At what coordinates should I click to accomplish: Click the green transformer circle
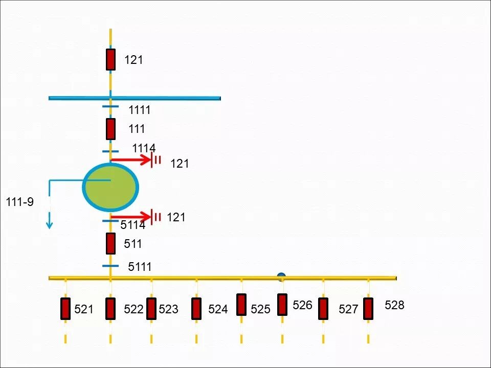click(x=110, y=187)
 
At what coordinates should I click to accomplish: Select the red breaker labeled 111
click(x=110, y=129)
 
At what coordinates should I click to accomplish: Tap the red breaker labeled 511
click(x=110, y=243)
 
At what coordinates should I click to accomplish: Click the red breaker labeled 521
click(x=65, y=309)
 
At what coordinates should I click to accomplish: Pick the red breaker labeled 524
click(x=196, y=309)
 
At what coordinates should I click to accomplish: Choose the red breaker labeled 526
click(x=282, y=305)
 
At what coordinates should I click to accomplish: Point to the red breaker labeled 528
click(x=368, y=309)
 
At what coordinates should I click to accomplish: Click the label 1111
click(x=140, y=110)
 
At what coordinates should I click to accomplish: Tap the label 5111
click(x=140, y=266)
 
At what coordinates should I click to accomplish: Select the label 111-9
click(x=19, y=202)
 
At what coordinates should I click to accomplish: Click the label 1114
click(x=144, y=148)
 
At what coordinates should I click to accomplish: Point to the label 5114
click(x=133, y=225)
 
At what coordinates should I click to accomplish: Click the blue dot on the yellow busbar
click(x=281, y=277)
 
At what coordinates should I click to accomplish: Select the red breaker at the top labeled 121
click(x=110, y=60)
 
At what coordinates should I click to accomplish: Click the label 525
click(x=260, y=309)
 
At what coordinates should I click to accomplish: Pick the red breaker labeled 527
click(x=323, y=309)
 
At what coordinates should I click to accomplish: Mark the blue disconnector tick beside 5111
click(x=110, y=266)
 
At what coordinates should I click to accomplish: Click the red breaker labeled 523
click(x=151, y=309)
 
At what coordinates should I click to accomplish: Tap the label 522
click(x=133, y=309)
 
